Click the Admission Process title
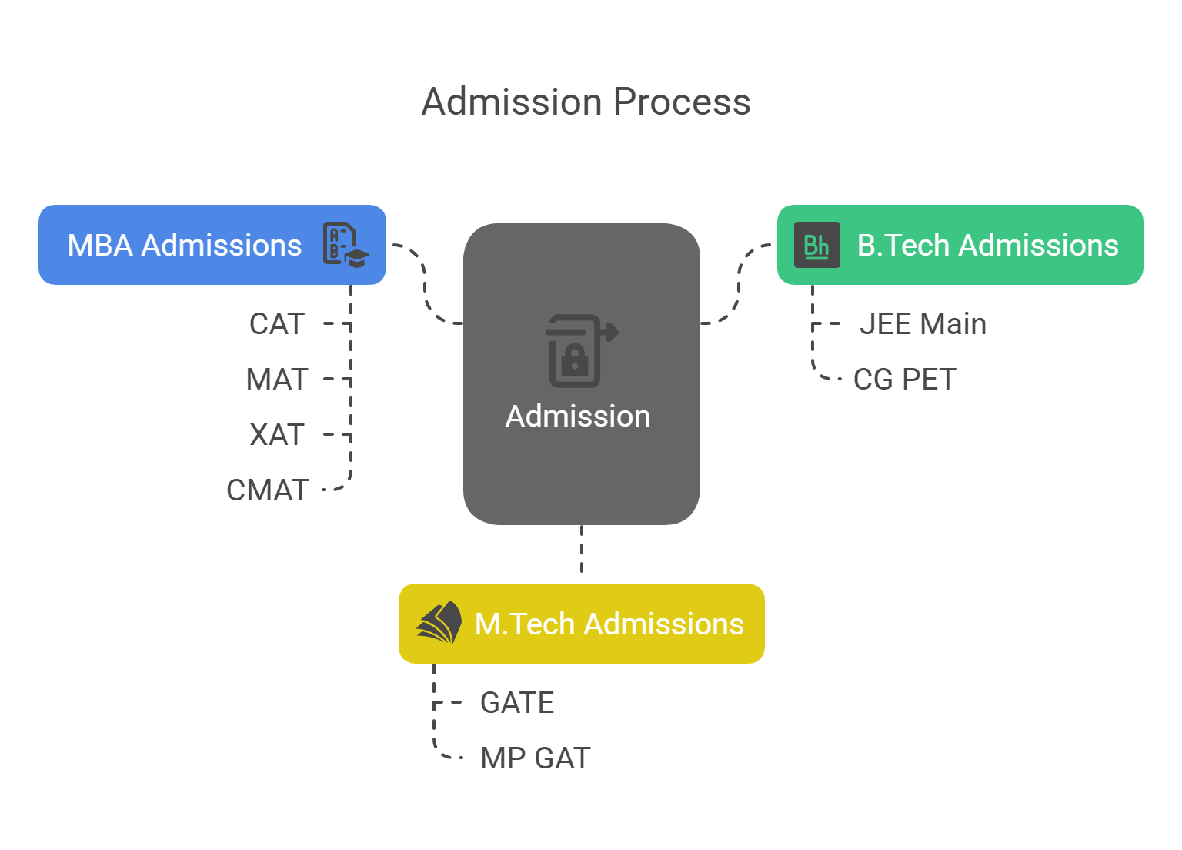pyautogui.click(x=586, y=102)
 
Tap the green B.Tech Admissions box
pyautogui.click(x=960, y=245)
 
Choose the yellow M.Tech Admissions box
pyautogui.click(x=581, y=624)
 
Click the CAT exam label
pyautogui.click(x=277, y=324)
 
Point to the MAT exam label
pyautogui.click(x=277, y=380)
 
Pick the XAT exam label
pyautogui.click(x=277, y=435)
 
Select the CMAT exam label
pyautogui.click(x=268, y=490)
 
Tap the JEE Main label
pyautogui.click(x=923, y=324)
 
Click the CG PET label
pyautogui.click(x=905, y=380)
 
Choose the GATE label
pyautogui.click(x=517, y=703)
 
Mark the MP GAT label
pyautogui.click(x=535, y=758)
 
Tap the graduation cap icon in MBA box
pyautogui.click(x=345, y=245)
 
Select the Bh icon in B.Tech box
pyautogui.click(x=816, y=245)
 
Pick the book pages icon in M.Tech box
pyautogui.click(x=439, y=623)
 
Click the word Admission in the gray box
pyautogui.click(x=578, y=417)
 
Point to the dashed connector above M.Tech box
pyautogui.click(x=582, y=550)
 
